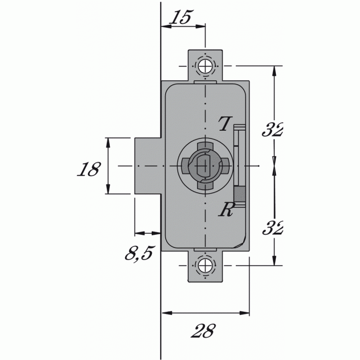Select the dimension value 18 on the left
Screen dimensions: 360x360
88,169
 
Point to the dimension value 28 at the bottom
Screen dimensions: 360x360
203,332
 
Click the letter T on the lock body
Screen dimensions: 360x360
224,124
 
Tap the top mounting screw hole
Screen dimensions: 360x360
206,66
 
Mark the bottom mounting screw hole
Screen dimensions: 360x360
206,265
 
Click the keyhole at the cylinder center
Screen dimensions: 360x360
203,166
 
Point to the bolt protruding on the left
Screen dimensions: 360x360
147,166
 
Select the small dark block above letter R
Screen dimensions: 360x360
239,194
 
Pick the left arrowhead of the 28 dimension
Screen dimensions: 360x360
165,313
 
